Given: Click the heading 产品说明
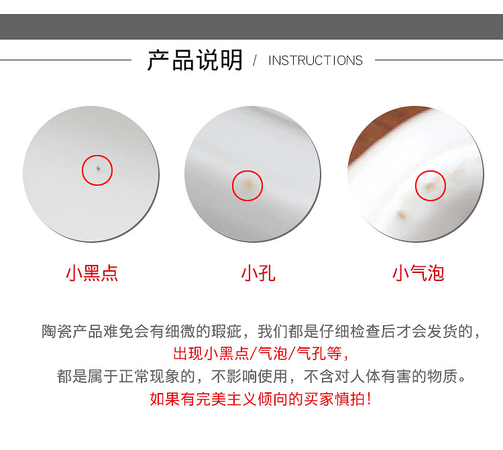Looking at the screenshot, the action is (x=194, y=60).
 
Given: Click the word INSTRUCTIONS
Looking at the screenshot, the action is (x=315, y=60).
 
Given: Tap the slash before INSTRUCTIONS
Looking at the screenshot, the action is (x=255, y=60).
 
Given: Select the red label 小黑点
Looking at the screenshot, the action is (x=92, y=273).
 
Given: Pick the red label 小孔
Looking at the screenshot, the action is (x=258, y=273).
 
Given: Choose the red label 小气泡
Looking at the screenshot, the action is (x=418, y=273).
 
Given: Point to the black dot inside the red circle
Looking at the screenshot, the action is (x=98, y=168).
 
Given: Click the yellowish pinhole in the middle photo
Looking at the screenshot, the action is (x=247, y=184).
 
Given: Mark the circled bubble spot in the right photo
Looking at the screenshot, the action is (x=429, y=186).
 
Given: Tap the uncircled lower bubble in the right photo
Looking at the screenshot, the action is (x=401, y=215).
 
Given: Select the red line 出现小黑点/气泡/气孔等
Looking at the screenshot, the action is (x=260, y=354).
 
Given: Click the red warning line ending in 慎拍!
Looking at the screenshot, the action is (x=260, y=399).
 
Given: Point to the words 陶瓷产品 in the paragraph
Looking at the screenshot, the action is (x=72, y=331).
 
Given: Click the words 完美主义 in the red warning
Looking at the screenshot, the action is (x=227, y=399).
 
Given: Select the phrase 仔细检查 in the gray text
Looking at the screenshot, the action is (x=349, y=331).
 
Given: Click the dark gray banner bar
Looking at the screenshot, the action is (x=251, y=27).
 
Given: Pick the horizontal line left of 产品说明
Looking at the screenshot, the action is (x=66, y=60).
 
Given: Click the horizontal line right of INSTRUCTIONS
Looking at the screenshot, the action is (x=439, y=60).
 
